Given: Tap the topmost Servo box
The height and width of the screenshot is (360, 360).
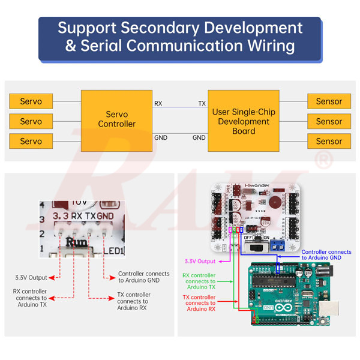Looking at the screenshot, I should (31, 101).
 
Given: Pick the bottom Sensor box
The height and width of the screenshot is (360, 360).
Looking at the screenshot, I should (329, 142).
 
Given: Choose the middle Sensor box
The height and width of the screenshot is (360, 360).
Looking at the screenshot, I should (329, 121).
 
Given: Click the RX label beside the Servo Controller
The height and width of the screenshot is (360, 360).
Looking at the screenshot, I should (158, 103).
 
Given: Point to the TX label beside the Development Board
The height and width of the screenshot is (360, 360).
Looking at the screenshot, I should (202, 103).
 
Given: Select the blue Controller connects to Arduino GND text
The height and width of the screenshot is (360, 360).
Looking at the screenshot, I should (326, 254).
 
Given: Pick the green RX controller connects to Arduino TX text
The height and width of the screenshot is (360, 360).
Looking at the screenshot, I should (200, 281).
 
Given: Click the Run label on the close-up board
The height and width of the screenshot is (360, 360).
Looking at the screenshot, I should (76, 243).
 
